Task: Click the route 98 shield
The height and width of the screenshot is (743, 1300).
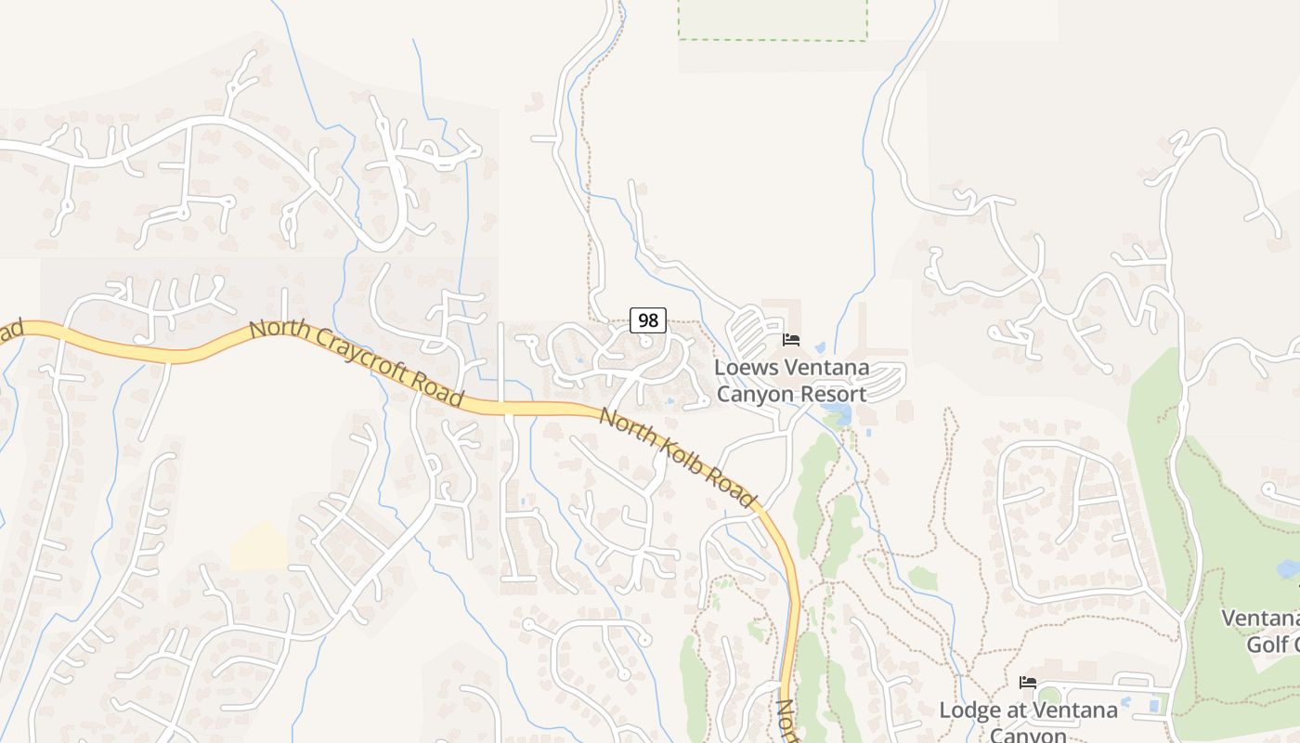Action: (648, 320)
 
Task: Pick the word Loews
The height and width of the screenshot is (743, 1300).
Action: (746, 368)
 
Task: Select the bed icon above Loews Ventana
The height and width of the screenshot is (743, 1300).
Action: (791, 340)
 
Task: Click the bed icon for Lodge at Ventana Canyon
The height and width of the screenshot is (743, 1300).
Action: (1028, 683)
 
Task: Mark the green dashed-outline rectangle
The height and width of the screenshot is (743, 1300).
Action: (773, 20)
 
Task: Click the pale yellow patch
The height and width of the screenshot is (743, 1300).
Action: (259, 547)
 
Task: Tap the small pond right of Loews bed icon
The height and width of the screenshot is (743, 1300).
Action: (820, 348)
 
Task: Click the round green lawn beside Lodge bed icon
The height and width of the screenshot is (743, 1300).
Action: (1049, 696)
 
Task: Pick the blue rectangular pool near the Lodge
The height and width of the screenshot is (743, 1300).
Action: (1154, 706)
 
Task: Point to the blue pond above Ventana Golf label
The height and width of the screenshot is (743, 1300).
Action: (1288, 568)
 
